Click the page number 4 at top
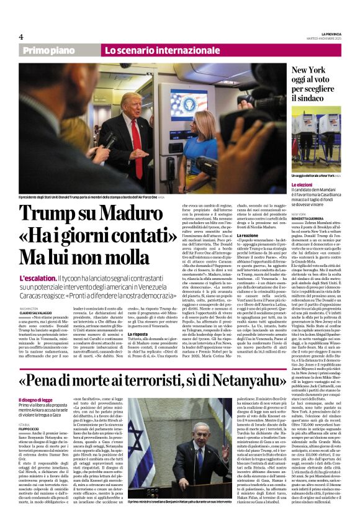click(x=21, y=37)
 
